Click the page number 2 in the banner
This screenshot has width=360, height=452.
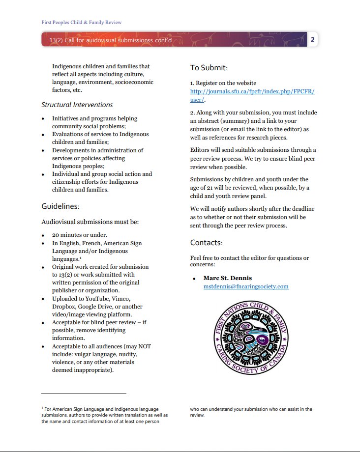(x=312, y=40)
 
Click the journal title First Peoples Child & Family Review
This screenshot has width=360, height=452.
(x=81, y=22)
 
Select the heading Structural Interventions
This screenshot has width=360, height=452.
(x=77, y=105)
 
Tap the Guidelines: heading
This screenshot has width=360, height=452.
(x=60, y=207)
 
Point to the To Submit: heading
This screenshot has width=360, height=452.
(x=209, y=68)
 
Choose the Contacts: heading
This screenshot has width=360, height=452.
(x=207, y=243)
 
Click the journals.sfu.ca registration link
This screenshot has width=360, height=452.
(x=252, y=92)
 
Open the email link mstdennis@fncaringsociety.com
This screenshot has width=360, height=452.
(x=246, y=286)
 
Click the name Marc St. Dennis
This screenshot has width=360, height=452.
(x=227, y=278)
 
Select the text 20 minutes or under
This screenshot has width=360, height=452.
(x=80, y=235)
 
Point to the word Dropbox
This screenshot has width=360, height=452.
(x=64, y=306)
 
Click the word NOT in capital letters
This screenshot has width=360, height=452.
(x=145, y=346)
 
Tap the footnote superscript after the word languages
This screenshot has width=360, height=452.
(x=80, y=257)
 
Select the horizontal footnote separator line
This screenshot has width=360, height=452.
(x=84, y=394)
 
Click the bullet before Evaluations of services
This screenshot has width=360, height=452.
(x=43, y=135)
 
